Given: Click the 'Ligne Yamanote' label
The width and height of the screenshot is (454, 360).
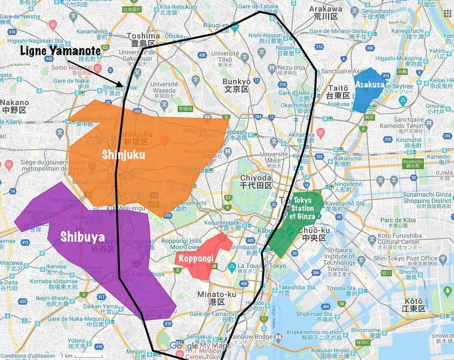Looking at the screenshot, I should (x=60, y=51).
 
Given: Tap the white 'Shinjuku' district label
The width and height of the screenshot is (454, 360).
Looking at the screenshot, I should (x=123, y=154).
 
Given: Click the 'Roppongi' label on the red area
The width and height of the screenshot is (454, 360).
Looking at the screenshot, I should (x=196, y=259).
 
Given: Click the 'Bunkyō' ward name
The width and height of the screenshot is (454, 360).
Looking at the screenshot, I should (x=236, y=81).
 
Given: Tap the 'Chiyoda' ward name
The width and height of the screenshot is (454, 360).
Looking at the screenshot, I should (x=256, y=178).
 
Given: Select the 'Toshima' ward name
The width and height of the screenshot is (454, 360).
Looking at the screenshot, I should (x=143, y=36).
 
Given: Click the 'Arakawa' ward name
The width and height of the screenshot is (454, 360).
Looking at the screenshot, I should (x=325, y=9).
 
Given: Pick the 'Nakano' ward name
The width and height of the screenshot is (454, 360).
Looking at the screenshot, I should (x=14, y=102).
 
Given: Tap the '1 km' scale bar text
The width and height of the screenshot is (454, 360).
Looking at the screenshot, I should (x=67, y=356).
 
